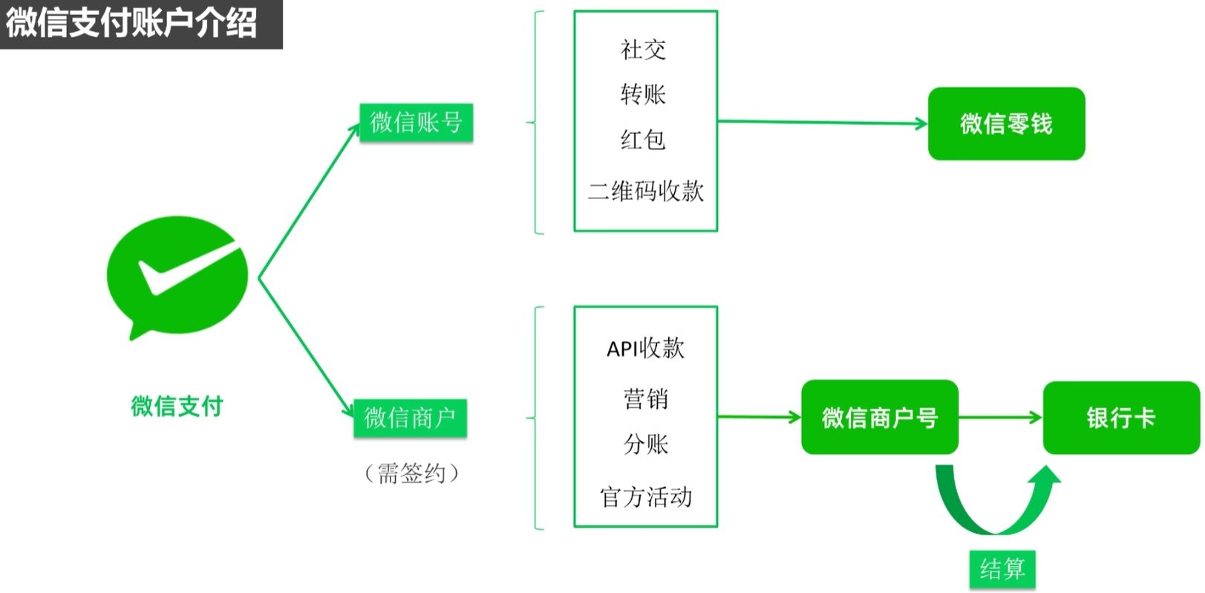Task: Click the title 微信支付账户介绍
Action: tap(132, 23)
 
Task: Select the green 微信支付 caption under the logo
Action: tap(177, 406)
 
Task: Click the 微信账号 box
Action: tap(416, 122)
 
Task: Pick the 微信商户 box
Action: tap(410, 418)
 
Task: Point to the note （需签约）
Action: tap(411, 473)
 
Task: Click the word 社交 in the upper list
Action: tap(643, 50)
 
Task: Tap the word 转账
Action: tap(643, 94)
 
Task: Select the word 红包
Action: tap(643, 140)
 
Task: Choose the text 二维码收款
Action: tap(645, 191)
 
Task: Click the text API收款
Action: tap(645, 348)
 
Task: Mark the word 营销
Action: tap(645, 399)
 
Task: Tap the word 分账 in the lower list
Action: tap(645, 444)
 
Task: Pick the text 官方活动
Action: tap(645, 496)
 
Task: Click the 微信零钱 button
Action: tap(1006, 123)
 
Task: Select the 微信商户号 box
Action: tap(879, 418)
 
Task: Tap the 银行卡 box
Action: tap(1121, 418)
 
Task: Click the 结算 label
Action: tap(1002, 569)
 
